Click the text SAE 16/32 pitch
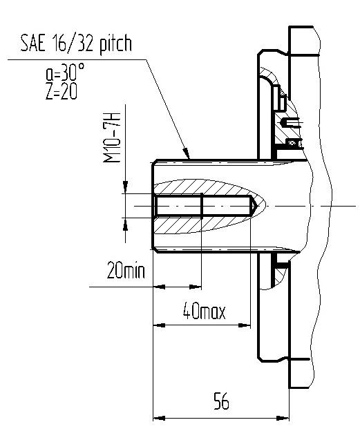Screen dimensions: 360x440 76,44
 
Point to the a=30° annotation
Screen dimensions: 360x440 64,71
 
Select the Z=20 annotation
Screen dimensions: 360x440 61,91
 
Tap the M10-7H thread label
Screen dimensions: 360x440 112,137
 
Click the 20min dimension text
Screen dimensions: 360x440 126,271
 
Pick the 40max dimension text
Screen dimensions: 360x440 204,311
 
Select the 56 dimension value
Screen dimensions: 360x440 221,401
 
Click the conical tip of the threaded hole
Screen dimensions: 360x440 254,207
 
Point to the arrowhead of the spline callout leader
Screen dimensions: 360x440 187,154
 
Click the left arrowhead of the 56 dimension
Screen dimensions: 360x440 159,418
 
